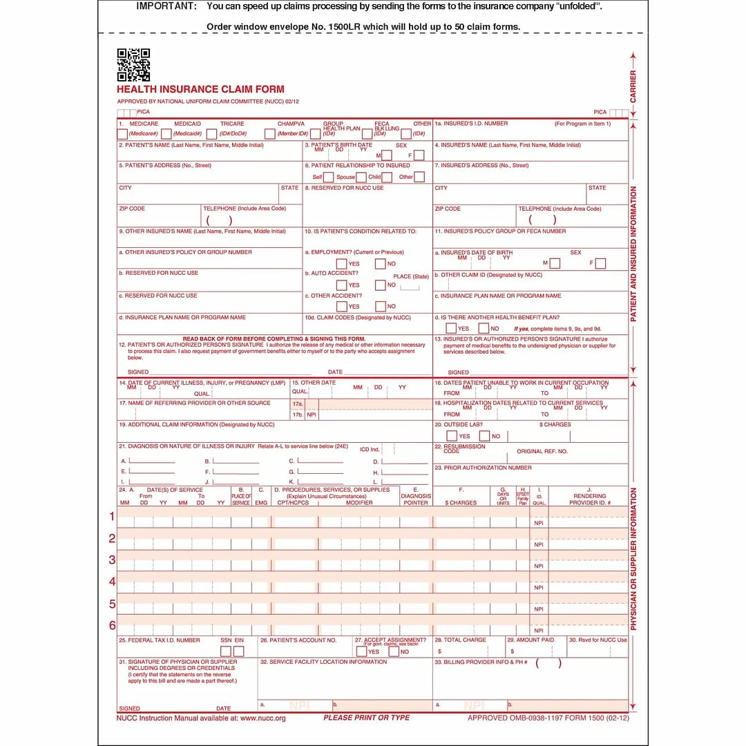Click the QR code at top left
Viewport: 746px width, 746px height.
coord(133,65)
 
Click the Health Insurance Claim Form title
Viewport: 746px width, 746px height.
coord(200,89)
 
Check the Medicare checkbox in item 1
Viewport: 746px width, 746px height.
coord(122,134)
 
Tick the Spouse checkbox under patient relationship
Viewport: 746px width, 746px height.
coord(361,177)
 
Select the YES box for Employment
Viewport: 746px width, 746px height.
coord(341,263)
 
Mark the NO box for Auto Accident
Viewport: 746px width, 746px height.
coord(380,285)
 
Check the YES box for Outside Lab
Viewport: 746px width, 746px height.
coord(452,436)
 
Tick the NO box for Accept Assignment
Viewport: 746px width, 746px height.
coord(394,651)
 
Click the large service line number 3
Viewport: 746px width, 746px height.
coord(112,559)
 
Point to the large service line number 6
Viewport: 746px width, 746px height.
coord(112,626)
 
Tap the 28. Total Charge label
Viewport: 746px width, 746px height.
coord(460,640)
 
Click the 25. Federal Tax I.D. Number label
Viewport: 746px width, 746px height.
coord(160,640)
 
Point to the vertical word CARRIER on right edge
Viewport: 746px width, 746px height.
coord(633,86)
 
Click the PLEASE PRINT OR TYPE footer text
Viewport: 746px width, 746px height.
coord(367,718)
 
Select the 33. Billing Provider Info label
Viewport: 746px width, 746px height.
coord(481,662)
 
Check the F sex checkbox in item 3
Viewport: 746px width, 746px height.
coord(419,155)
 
